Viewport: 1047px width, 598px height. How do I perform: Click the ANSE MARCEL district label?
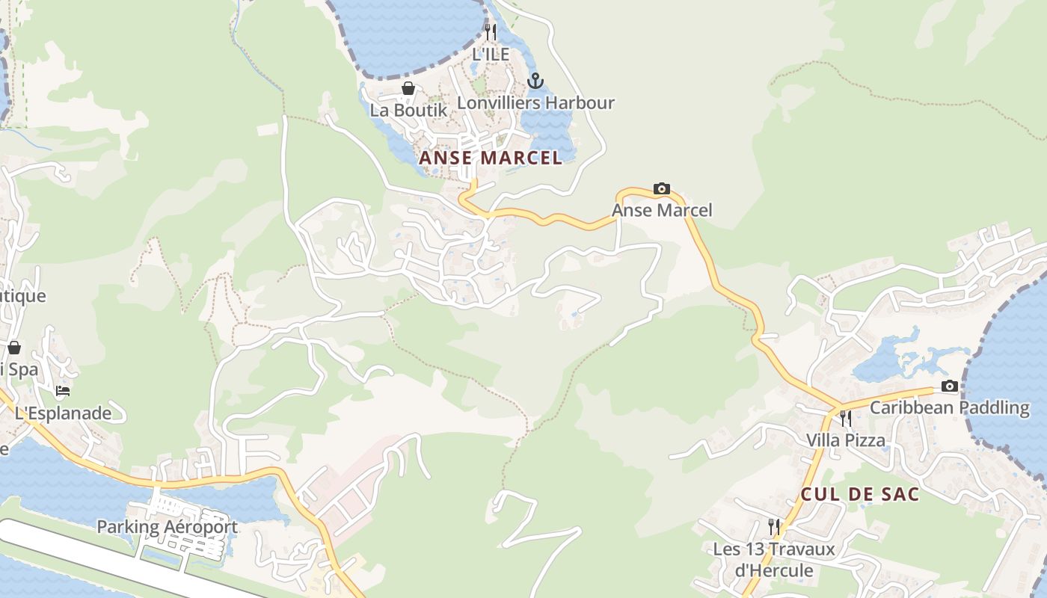(491, 158)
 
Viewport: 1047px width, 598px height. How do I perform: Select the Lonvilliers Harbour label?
(535, 102)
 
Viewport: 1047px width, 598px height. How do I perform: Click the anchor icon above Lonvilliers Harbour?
(535, 81)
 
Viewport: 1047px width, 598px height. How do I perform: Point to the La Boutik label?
(408, 110)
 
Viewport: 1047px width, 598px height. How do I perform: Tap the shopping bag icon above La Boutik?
(408, 89)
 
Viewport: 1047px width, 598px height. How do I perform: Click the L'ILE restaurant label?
(491, 54)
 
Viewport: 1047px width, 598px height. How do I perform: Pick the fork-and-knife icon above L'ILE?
(491, 32)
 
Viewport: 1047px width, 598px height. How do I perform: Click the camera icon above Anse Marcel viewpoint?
(662, 189)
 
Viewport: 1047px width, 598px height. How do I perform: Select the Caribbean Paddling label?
(949, 407)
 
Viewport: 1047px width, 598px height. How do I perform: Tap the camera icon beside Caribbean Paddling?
(949, 386)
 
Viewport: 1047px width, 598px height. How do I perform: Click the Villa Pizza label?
(846, 440)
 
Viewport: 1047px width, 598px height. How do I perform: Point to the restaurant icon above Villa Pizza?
(846, 418)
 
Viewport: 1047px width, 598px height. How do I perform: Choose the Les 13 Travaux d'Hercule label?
(773, 560)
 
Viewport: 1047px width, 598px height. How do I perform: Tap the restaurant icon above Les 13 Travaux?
(773, 527)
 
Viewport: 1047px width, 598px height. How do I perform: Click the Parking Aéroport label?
(167, 527)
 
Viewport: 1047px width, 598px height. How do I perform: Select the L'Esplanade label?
(63, 413)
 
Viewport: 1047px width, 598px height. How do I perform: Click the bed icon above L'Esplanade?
(63, 391)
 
